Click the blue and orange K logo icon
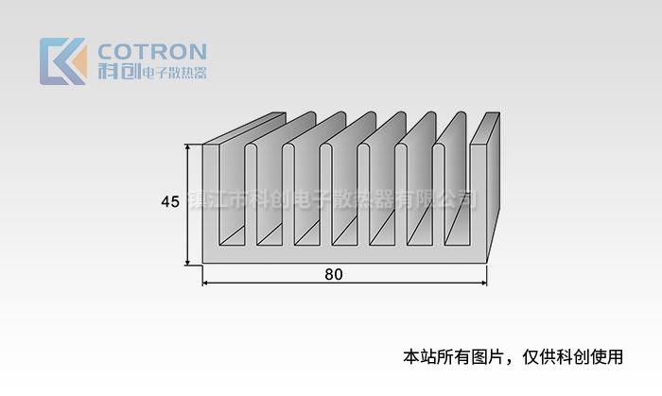coord(62,60)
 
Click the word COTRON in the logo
coord(152,51)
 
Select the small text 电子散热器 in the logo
coord(173,73)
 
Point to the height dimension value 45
coord(170,201)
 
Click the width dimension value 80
coord(333,275)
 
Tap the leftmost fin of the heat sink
coord(211,198)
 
